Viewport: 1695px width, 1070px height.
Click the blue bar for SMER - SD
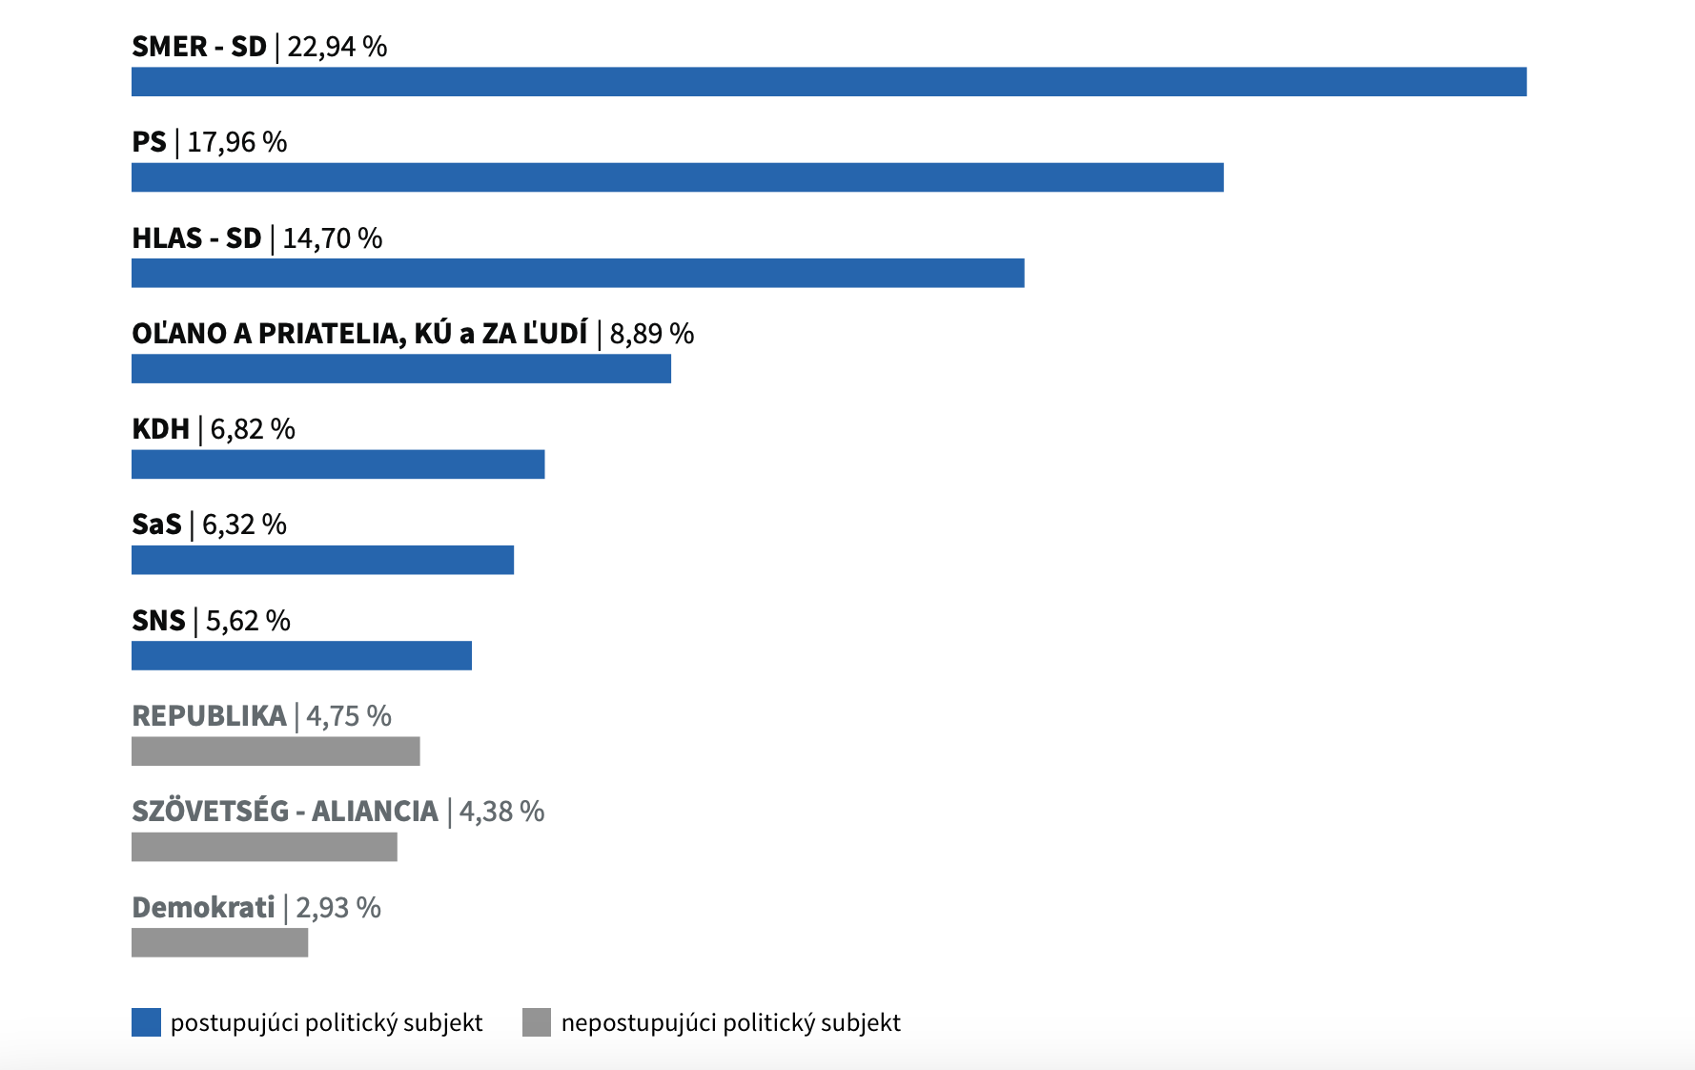coord(828,82)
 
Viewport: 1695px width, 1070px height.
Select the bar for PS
coord(677,177)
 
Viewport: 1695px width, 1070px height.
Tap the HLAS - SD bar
coord(578,273)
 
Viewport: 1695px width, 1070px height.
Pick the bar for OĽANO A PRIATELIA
coord(401,369)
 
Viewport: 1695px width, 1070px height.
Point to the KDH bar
coord(337,464)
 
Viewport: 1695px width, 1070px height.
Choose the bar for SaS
coord(322,560)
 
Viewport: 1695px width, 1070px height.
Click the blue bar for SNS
coord(301,656)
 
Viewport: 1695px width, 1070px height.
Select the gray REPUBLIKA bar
coord(276,751)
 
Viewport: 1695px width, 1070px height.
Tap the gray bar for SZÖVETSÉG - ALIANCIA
coord(264,847)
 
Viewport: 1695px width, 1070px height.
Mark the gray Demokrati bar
coord(219,943)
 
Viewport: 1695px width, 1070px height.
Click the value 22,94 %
coord(337,47)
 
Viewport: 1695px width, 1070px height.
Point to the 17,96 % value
coord(237,142)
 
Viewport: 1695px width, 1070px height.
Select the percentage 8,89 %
coord(652,334)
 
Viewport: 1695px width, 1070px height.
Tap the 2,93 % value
coord(338,908)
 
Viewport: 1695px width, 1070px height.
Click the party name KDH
coord(160,429)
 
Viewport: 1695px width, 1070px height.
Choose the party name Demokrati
coord(203,908)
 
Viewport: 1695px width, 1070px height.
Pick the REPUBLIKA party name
coord(209,716)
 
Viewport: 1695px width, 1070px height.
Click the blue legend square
coord(146,1022)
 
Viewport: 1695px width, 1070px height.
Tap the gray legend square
coord(537,1022)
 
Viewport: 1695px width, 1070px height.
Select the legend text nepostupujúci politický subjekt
coord(730,1023)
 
